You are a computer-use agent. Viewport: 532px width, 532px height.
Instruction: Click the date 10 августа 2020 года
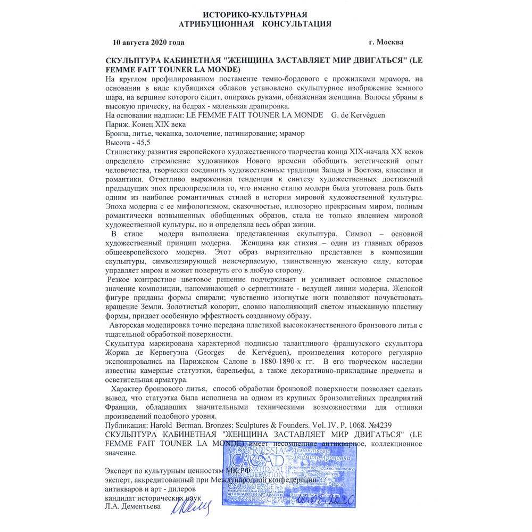coord(148,42)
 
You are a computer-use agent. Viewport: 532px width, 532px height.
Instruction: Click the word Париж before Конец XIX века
coord(118,124)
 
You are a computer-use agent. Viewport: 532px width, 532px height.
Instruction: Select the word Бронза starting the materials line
coord(120,133)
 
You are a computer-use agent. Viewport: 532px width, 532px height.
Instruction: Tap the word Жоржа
coord(120,353)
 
